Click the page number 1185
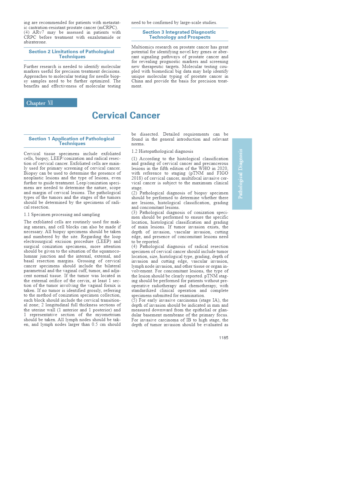click(223, 338)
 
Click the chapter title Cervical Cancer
click(126, 115)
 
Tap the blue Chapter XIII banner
click(50, 103)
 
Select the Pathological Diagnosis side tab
click(242, 174)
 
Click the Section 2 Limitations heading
click(72, 54)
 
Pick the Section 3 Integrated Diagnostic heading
click(179, 35)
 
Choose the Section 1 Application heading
click(72, 141)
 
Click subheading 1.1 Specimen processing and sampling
click(62, 214)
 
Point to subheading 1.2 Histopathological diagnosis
click(162, 151)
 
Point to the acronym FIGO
click(222, 173)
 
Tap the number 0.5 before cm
click(95, 324)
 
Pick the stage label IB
click(189, 320)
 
